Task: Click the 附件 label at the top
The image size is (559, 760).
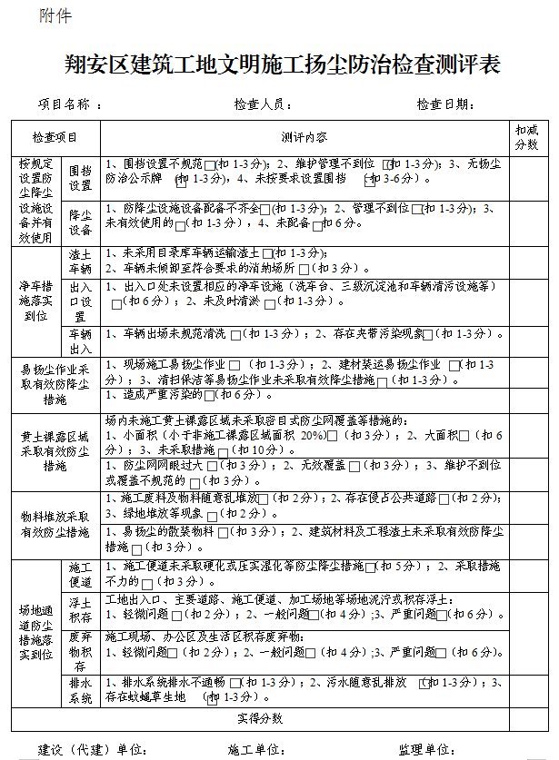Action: (x=55, y=16)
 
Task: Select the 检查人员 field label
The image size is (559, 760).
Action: (x=262, y=105)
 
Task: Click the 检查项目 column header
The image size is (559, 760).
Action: (x=55, y=138)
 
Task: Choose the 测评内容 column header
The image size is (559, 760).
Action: (x=304, y=138)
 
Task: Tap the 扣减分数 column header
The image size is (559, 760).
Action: (x=527, y=137)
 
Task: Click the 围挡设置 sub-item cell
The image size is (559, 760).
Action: (x=81, y=178)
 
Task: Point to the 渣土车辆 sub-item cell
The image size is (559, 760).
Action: (x=81, y=262)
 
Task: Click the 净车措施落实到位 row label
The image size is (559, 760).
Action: (x=35, y=301)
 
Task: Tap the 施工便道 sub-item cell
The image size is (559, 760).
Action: (x=81, y=575)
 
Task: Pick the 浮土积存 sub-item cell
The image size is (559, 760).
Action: (x=81, y=609)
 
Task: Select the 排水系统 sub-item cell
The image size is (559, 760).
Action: (x=81, y=689)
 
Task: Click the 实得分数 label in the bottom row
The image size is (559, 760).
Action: (x=260, y=718)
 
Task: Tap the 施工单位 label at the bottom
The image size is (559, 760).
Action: (x=256, y=750)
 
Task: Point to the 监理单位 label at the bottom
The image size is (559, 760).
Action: (x=426, y=750)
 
